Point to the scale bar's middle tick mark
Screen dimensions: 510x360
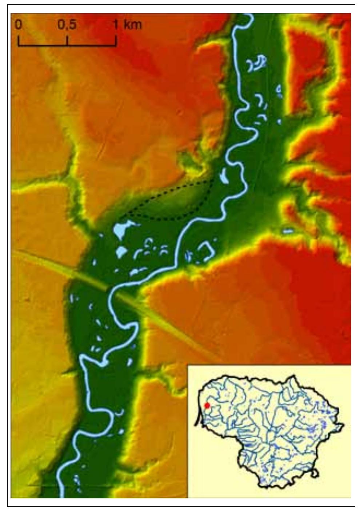coord(68,41)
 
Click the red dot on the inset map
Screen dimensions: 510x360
coord(207,406)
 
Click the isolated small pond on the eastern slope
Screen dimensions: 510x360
coord(288,231)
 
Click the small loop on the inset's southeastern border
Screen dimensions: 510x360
coord(315,473)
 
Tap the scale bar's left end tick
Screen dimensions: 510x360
coord(18,41)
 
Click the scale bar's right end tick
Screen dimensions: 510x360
coord(116,41)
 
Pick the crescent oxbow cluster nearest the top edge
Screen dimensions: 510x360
coord(257,63)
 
